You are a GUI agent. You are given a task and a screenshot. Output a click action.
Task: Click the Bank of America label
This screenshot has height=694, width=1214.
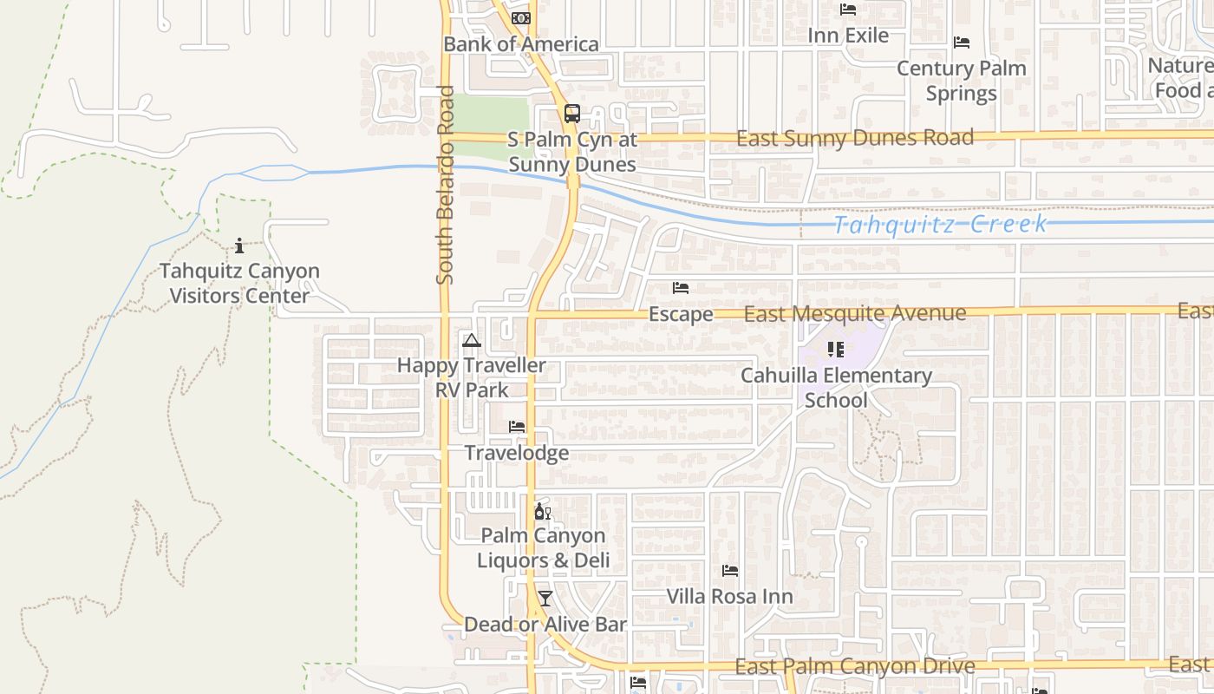[x=520, y=44]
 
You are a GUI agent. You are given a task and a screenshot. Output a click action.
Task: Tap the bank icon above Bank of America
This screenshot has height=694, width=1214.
[x=520, y=18]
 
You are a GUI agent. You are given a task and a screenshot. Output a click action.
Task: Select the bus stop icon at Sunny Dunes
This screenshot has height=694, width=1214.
[x=571, y=113]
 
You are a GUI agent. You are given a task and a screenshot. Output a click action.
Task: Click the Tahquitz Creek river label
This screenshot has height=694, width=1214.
[x=940, y=225]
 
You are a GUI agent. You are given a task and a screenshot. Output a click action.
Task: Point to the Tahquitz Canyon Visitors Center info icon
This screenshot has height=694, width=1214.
[x=239, y=246]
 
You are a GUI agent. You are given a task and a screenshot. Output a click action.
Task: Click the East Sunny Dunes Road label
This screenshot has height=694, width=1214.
[x=854, y=138]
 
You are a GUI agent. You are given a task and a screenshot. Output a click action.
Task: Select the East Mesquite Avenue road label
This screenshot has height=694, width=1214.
[x=854, y=313]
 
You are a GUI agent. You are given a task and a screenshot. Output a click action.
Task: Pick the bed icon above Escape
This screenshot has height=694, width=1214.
[x=681, y=288]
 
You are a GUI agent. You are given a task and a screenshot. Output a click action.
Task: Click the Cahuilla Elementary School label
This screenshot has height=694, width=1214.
[x=836, y=388]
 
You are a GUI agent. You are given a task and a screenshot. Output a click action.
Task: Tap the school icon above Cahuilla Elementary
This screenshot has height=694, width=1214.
[x=835, y=350]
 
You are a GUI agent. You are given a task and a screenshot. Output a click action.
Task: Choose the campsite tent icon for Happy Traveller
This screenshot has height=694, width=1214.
[x=471, y=340]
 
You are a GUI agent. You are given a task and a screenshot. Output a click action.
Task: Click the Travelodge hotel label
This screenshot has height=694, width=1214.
[x=517, y=453]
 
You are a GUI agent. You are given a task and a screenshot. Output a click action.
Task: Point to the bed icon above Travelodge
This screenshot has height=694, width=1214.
[x=517, y=427]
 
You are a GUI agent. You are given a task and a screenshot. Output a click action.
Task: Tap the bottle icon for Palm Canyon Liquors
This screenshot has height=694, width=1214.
[x=542, y=512]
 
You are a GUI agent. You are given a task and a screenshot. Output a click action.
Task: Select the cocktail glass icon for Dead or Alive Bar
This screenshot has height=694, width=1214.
[x=545, y=599]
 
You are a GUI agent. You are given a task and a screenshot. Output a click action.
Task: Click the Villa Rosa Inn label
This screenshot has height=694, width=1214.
[x=729, y=597]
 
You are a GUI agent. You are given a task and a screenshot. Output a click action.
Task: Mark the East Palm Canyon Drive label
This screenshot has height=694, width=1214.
[x=854, y=666]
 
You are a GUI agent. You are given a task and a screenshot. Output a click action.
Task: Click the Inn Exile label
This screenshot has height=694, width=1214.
[x=848, y=36]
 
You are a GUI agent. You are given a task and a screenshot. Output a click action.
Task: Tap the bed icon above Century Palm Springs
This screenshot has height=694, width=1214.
[x=961, y=43]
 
